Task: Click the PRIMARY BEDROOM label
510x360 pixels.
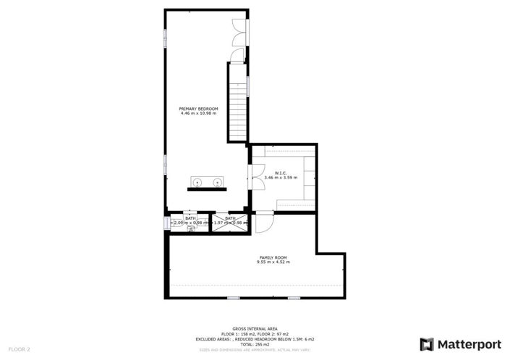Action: tap(198, 108)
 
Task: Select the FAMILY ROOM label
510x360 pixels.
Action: tap(273, 257)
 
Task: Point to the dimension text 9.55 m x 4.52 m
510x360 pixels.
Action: tap(273, 262)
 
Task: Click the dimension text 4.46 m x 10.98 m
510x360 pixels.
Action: tap(198, 113)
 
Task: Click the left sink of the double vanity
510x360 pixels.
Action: tap(197, 181)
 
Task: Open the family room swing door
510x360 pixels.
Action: tap(264, 222)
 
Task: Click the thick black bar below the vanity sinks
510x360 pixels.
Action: tap(206, 189)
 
